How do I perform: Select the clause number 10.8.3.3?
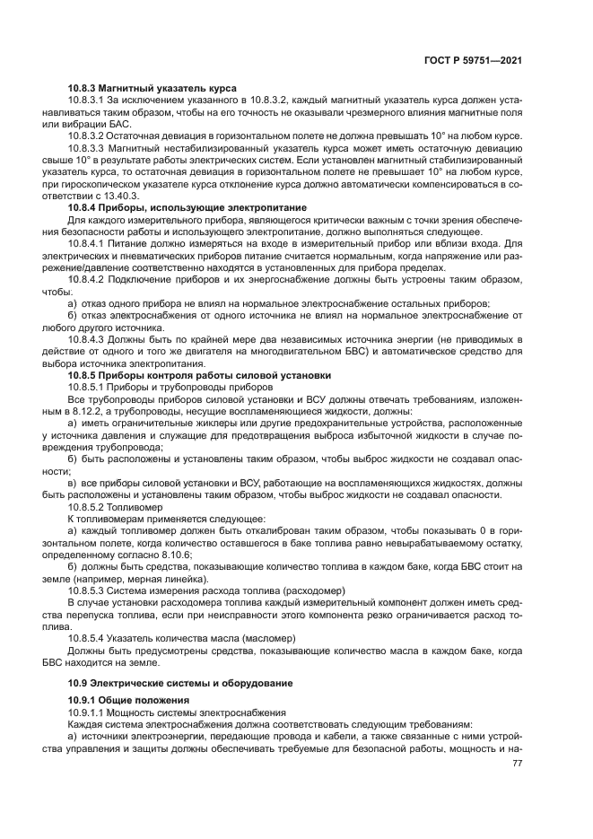click(88, 147)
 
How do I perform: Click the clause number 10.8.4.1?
click(88, 243)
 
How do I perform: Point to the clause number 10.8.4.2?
click(88, 279)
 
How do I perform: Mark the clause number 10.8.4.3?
click(88, 339)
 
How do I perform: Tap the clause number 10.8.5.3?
click(88, 590)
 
